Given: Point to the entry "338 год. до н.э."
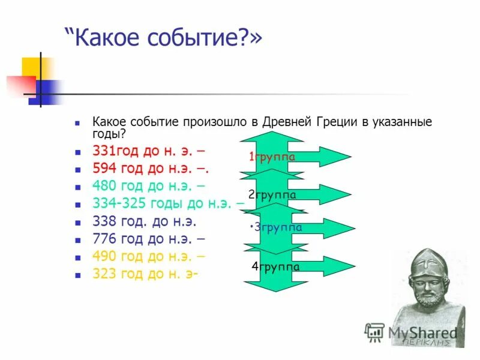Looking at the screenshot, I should point(144,221).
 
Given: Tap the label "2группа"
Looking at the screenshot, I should point(272,194).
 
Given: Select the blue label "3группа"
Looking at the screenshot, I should point(277,227).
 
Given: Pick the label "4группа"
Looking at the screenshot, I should point(275,267).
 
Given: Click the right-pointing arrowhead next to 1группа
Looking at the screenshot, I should point(337,157).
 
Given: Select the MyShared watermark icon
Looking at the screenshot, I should point(375,332).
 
